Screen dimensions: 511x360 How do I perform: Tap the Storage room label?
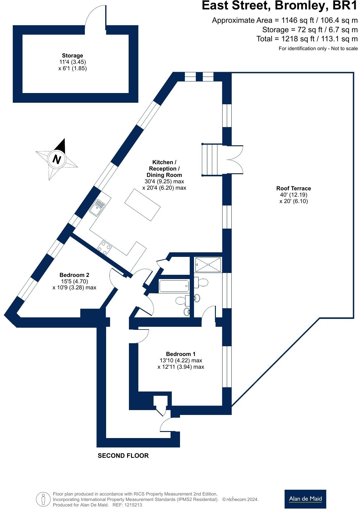click(x=72, y=56)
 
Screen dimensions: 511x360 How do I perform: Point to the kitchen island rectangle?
click(x=143, y=205)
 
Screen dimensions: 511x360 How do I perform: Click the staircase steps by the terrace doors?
click(x=210, y=160)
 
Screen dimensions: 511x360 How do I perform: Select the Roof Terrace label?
click(x=293, y=188)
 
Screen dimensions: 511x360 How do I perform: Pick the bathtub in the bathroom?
click(x=174, y=286)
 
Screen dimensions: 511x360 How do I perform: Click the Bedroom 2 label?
click(x=74, y=275)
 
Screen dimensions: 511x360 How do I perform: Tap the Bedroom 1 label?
click(x=181, y=354)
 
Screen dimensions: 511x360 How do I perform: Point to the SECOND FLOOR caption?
click(x=123, y=456)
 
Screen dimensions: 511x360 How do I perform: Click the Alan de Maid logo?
click(x=305, y=499)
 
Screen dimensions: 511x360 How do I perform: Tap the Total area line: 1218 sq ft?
click(x=307, y=39)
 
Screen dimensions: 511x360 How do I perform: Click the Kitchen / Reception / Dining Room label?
click(x=164, y=168)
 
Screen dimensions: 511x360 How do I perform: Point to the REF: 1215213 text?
click(x=127, y=505)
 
